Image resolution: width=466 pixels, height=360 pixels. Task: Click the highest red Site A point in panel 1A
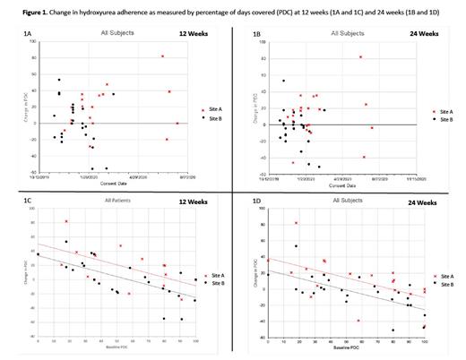[162, 56]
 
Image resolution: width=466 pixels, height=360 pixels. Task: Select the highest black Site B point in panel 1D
[295, 246]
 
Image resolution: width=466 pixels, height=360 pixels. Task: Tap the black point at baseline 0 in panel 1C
[38, 254]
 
